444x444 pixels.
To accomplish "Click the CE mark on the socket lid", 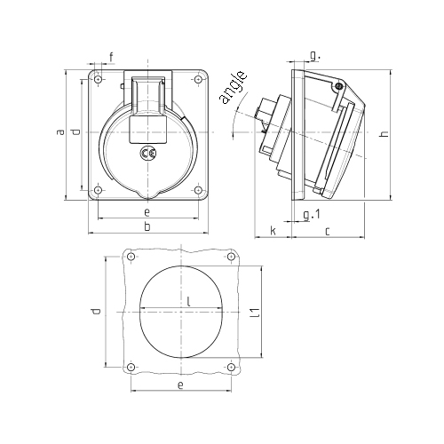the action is coord(147,153).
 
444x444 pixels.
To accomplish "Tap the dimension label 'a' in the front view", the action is coord(60,131).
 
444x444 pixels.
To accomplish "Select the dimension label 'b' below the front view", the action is coord(147,226).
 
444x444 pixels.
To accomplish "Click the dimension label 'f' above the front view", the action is coord(111,57).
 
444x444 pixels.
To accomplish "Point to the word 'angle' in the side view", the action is coord(233,87).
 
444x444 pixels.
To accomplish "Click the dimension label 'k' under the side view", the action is coord(274,230).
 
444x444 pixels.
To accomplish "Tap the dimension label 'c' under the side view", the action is coord(327,232).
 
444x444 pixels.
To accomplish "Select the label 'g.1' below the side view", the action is coord(312,214).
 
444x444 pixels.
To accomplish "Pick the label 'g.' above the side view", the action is coord(315,55).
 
